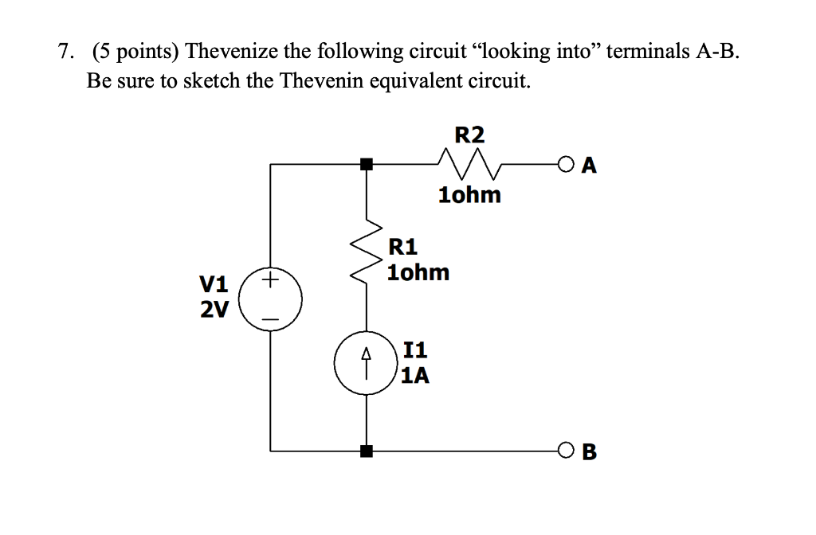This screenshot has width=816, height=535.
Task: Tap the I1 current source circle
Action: (x=366, y=363)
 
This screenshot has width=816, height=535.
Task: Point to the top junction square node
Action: (x=366, y=165)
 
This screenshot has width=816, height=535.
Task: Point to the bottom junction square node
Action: (x=366, y=451)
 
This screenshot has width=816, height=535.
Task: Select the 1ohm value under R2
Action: (x=469, y=195)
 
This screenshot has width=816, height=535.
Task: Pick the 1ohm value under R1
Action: (x=418, y=273)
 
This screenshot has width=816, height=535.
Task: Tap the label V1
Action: (x=213, y=284)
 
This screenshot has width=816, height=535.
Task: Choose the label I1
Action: (x=416, y=349)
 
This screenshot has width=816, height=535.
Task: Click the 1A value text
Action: (x=415, y=375)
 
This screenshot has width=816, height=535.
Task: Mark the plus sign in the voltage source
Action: (x=271, y=280)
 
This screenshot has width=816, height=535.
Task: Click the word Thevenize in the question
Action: (x=229, y=53)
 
